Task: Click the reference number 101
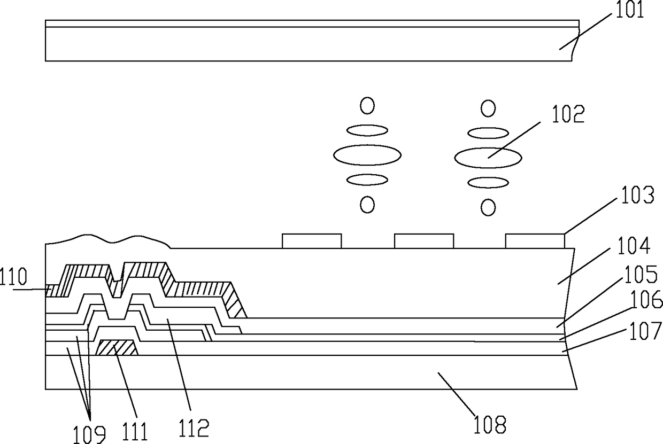(x=629, y=10)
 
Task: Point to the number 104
(x=635, y=247)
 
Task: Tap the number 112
(x=194, y=427)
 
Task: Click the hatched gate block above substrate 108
(x=117, y=348)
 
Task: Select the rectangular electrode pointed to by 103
(x=535, y=241)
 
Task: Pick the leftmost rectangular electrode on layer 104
(x=312, y=241)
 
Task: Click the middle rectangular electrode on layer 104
(x=424, y=241)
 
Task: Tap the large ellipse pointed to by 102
(x=488, y=157)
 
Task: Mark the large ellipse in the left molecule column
(x=367, y=155)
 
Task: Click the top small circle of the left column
(x=367, y=106)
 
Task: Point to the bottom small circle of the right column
(x=488, y=207)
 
